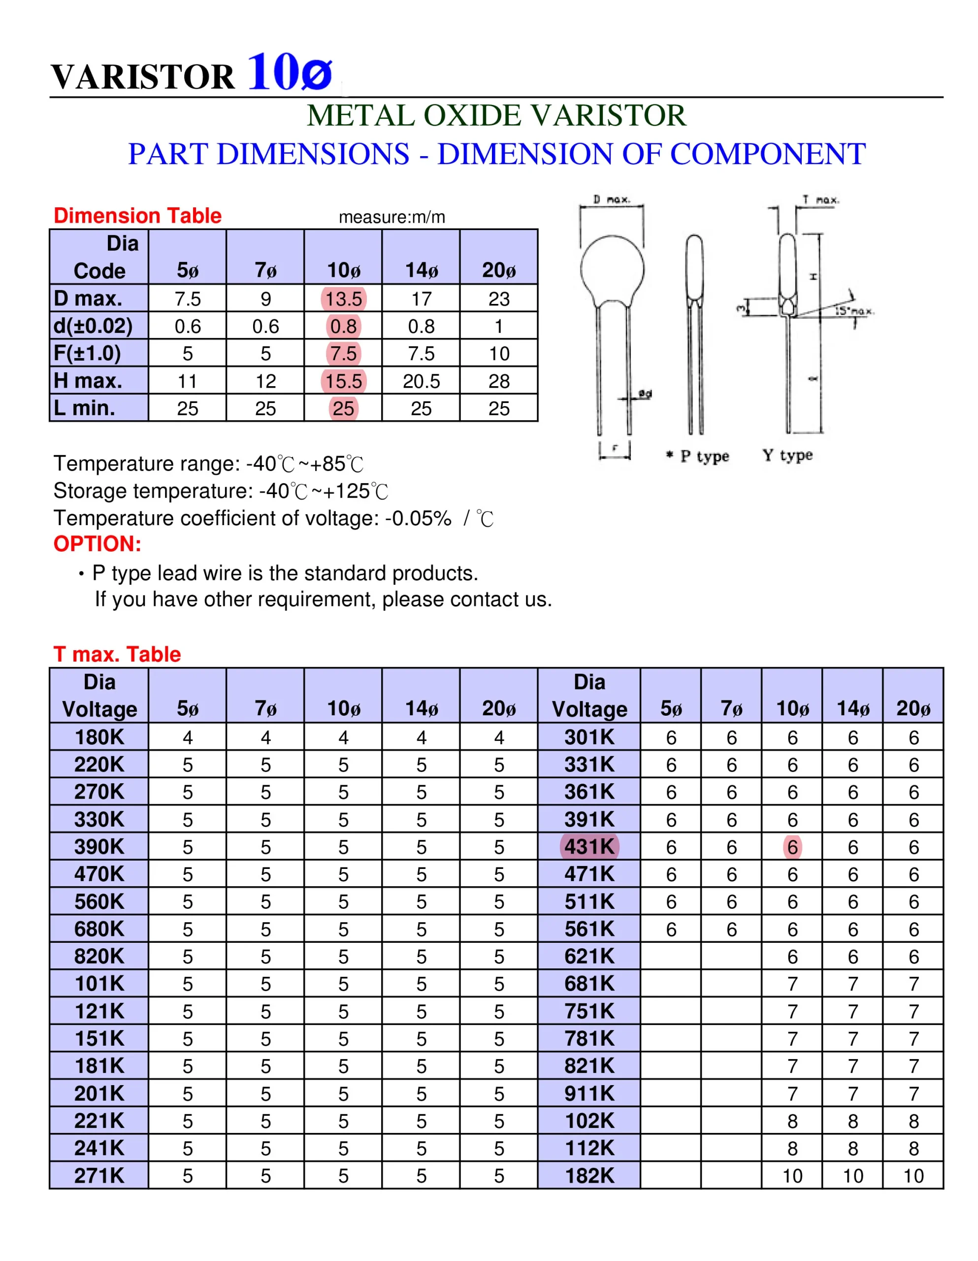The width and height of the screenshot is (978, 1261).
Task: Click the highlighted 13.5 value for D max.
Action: (344, 299)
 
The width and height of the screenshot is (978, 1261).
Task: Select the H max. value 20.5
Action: (421, 381)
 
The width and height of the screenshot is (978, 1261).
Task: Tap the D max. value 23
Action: (499, 299)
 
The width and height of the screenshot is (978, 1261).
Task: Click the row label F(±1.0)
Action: (87, 353)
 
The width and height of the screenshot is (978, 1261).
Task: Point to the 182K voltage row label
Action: (589, 1176)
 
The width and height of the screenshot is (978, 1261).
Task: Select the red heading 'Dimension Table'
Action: (137, 215)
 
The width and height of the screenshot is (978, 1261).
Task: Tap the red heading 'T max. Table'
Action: (117, 654)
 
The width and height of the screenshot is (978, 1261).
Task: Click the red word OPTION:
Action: (97, 544)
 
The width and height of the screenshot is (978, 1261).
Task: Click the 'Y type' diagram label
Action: (787, 455)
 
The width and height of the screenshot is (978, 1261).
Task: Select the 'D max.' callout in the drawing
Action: (612, 200)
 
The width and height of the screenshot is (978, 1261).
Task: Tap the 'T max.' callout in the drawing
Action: (820, 200)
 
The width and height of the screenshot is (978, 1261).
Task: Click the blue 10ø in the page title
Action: (290, 72)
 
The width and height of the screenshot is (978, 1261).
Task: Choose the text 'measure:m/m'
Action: (392, 217)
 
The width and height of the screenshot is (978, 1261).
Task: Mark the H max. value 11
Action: (188, 381)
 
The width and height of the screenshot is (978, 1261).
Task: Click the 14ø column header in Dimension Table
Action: (421, 269)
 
